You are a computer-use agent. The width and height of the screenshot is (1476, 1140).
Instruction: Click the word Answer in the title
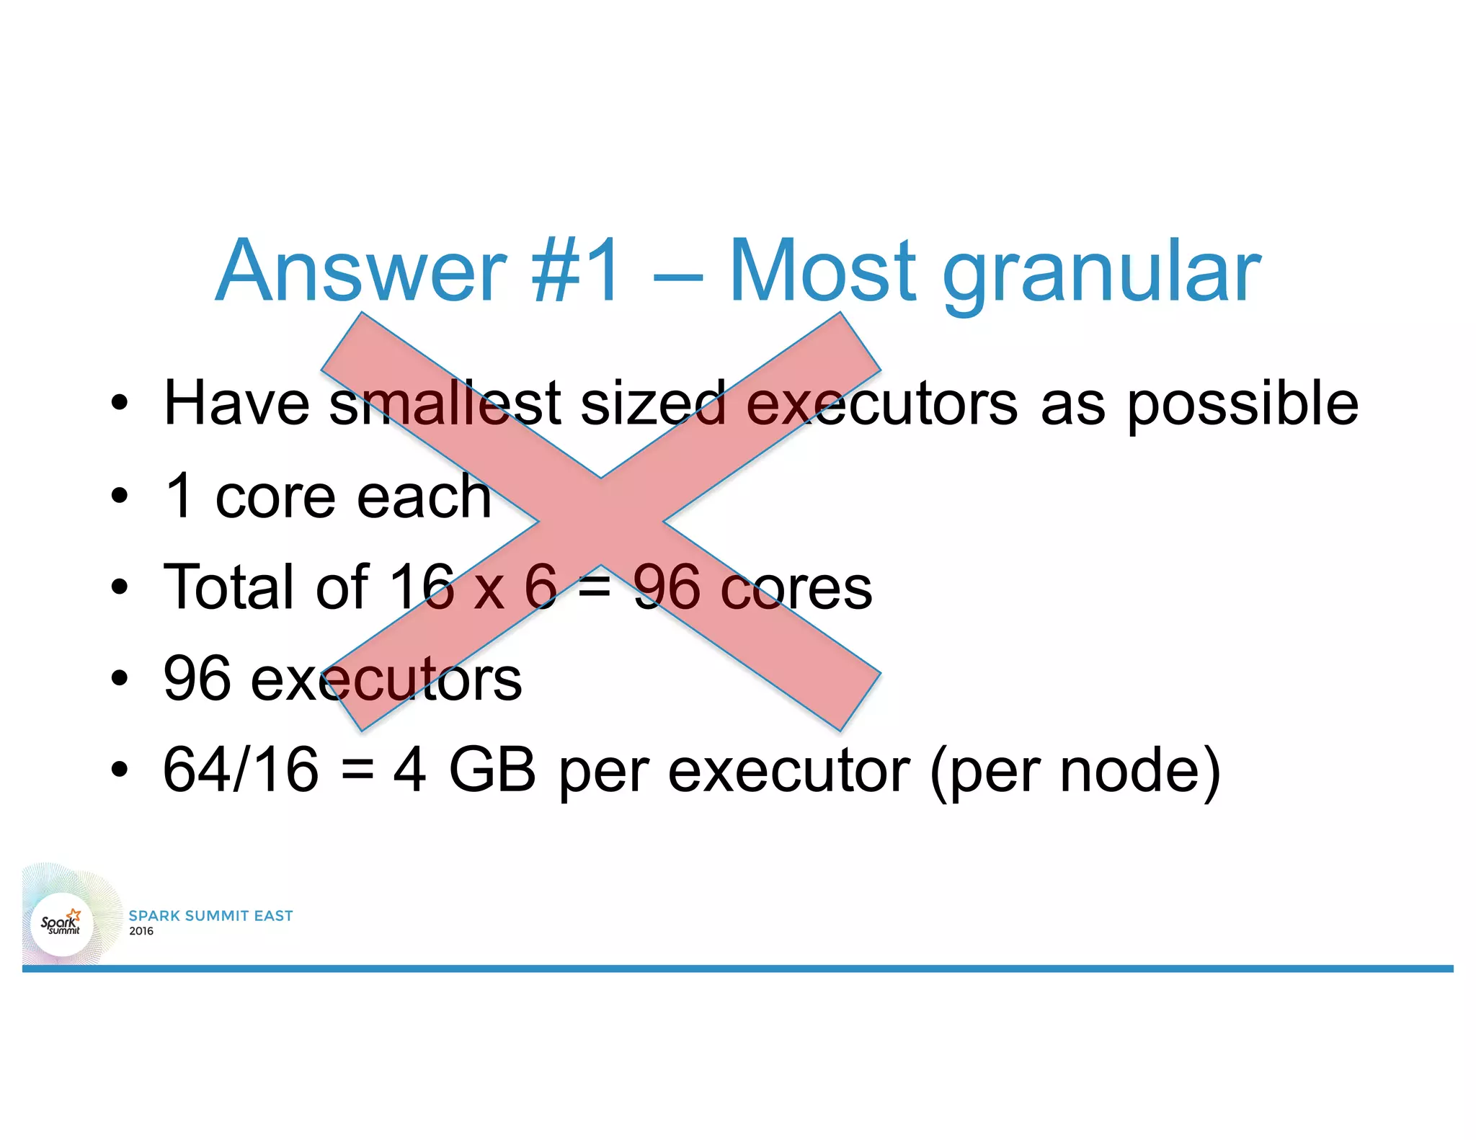point(360,272)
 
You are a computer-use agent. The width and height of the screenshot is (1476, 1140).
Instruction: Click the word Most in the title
point(822,272)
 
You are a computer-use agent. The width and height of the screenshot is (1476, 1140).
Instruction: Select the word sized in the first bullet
point(653,404)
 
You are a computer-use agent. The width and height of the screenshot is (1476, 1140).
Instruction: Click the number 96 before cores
point(667,588)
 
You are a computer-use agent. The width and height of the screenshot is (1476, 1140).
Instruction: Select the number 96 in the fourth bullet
point(196,679)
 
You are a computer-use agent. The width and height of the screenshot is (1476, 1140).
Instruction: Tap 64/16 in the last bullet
point(241,770)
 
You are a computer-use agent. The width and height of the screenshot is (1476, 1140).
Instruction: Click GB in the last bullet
point(492,770)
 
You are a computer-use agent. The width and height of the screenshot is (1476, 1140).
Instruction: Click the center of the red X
point(601,521)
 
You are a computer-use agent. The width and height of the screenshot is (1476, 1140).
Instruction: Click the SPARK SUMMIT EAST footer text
point(210,916)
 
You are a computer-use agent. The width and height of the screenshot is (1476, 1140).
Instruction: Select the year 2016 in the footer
point(141,931)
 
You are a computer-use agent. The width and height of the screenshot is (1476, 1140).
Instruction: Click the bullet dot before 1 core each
point(120,496)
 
